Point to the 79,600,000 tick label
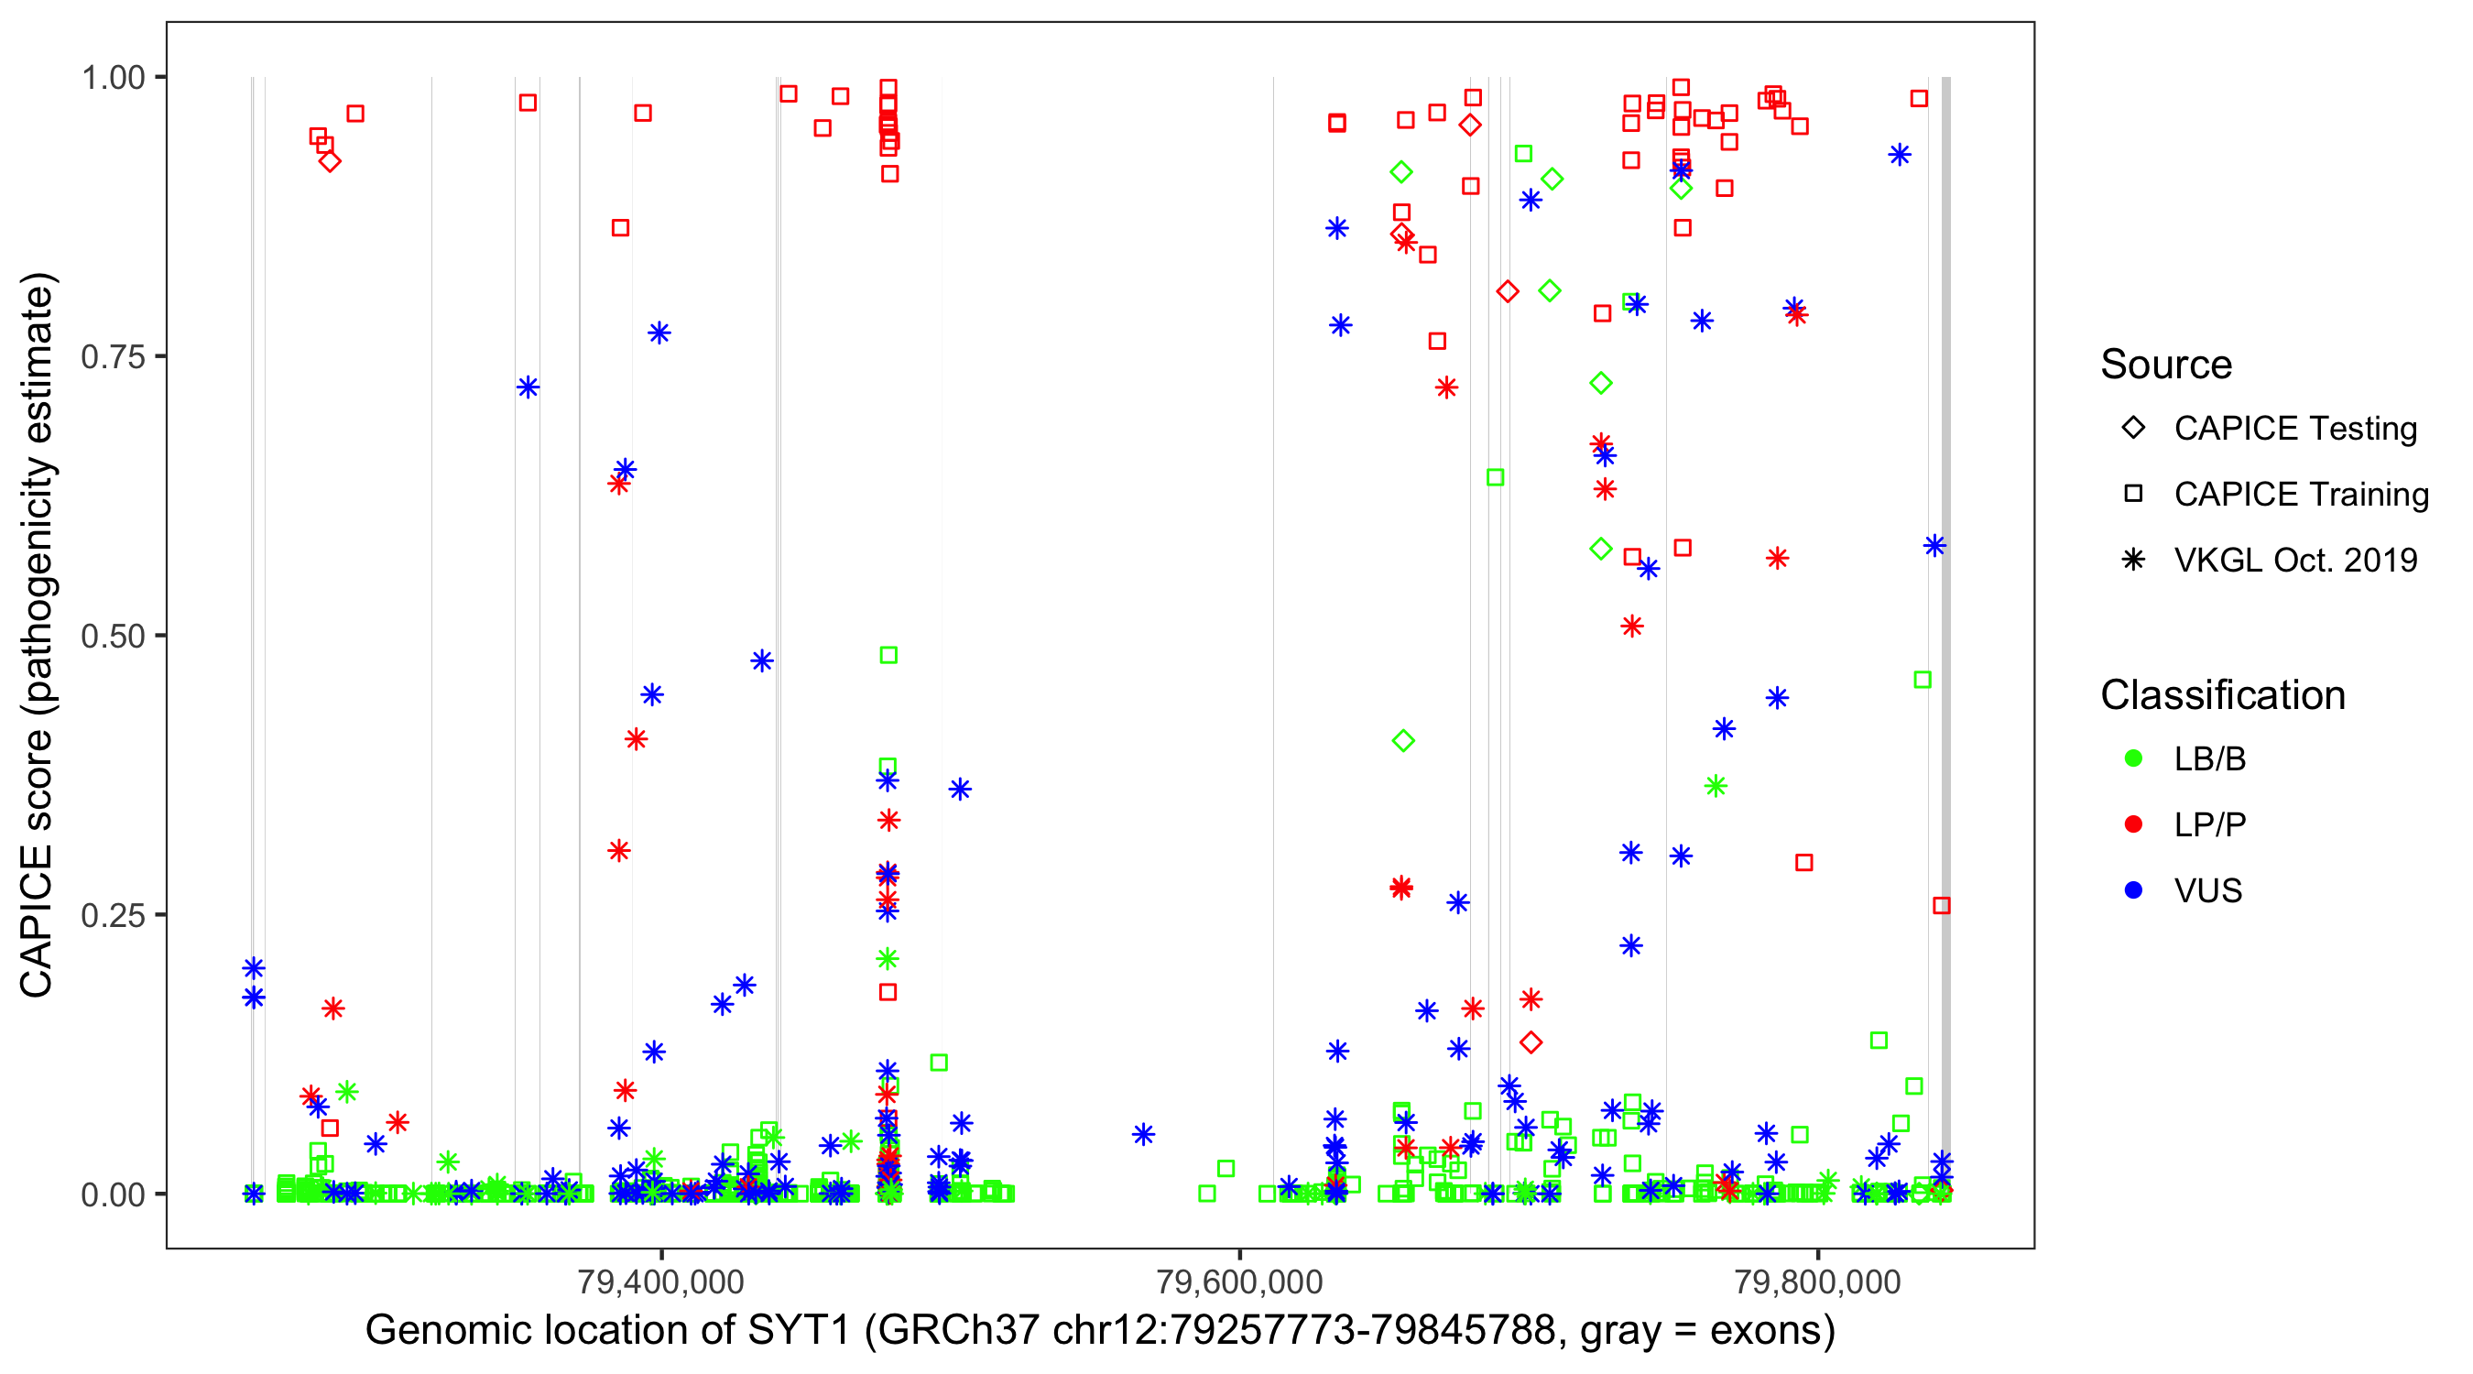[x=1239, y=1281]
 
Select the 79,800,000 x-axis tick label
[x=1817, y=1281]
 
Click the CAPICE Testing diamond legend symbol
[x=2133, y=429]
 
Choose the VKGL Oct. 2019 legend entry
[x=2294, y=560]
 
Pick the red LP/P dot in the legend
[x=2133, y=824]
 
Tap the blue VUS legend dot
[x=2133, y=890]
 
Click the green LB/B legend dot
[x=2133, y=758]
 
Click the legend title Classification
[x=2221, y=694]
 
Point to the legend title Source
[x=2166, y=364]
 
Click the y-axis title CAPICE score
[x=38, y=635]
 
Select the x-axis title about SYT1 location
[x=1099, y=1331]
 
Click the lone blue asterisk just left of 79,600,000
[x=1142, y=1134]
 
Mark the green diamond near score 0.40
[x=1402, y=740]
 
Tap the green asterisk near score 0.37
[x=1716, y=785]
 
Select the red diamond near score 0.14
[x=1531, y=1041]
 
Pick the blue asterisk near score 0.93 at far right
[x=1899, y=155]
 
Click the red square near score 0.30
[x=1803, y=862]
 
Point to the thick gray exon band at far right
[x=1946, y=634]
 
